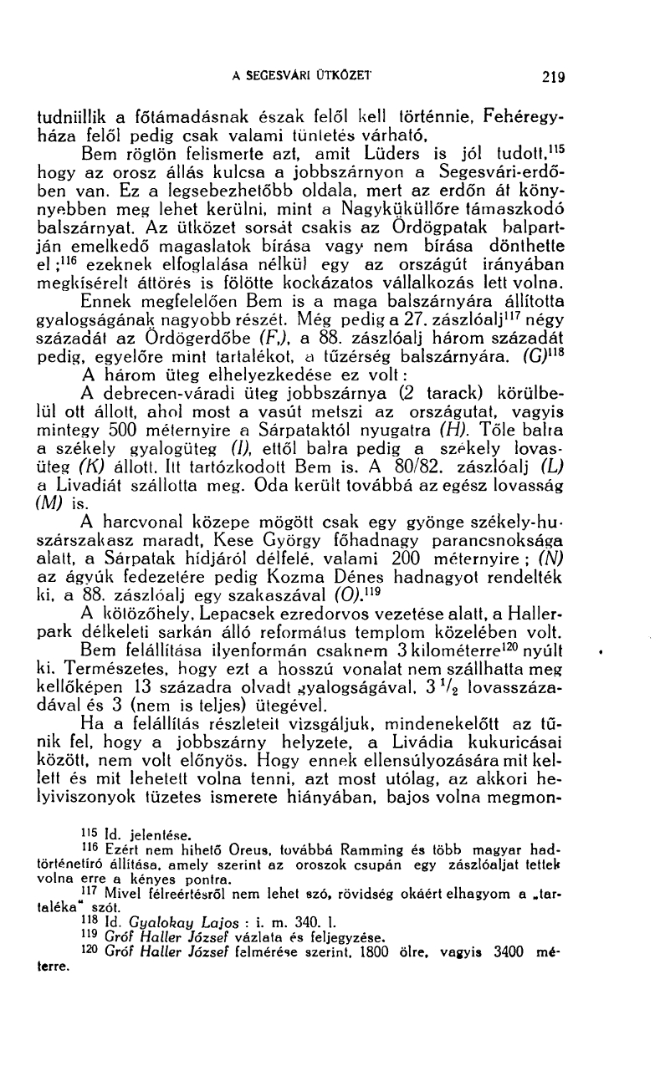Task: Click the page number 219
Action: tap(553, 78)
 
